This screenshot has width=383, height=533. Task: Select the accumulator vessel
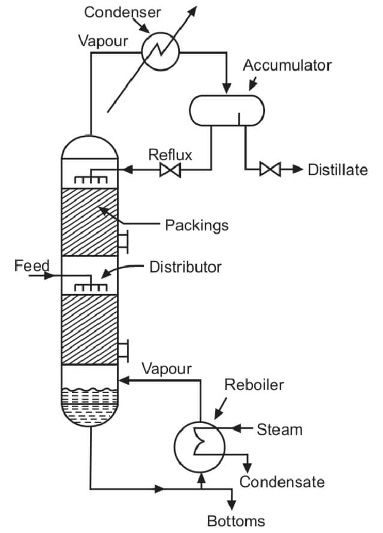227,110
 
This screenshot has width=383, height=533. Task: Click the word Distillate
337,170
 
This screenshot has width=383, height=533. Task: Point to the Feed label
31,265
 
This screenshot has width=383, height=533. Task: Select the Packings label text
197,225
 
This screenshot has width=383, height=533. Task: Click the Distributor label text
185,265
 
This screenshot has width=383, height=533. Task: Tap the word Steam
279,429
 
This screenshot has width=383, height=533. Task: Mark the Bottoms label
236,520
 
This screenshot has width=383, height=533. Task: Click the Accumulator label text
287,65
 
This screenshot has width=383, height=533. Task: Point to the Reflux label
171,155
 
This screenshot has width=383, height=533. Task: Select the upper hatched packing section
91,222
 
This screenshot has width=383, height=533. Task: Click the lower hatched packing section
91,329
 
